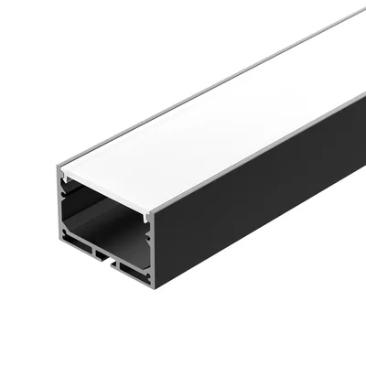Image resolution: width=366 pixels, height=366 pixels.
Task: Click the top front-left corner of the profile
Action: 56,167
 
